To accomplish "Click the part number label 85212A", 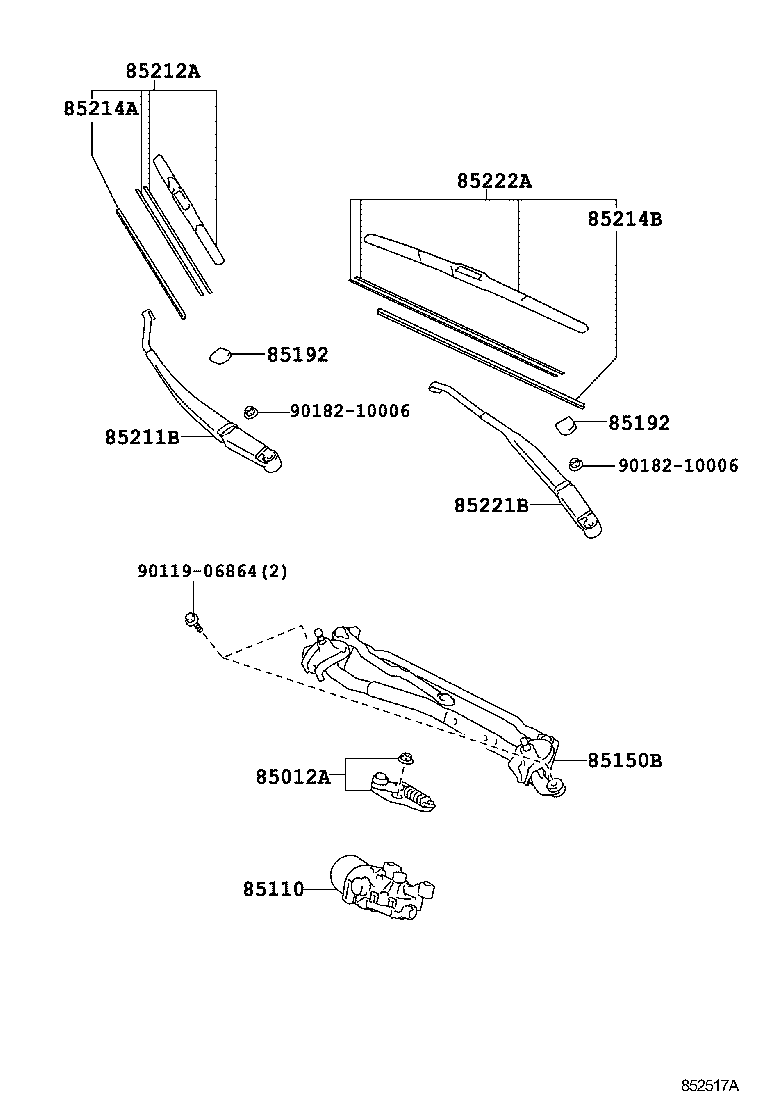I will tap(163, 71).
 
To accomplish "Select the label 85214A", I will tap(101, 108).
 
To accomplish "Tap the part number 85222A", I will tap(494, 181).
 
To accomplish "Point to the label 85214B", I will tap(624, 219).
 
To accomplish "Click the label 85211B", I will tap(142, 437).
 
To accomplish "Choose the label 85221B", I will tap(492, 506).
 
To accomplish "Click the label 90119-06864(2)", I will tap(212, 571).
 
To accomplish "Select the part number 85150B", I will tap(624, 760).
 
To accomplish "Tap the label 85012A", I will tap(292, 777).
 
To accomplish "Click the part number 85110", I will tap(272, 888).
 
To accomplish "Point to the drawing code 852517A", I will tap(710, 1085).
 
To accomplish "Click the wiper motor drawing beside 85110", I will tap(385, 886).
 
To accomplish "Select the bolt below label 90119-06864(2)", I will tap(192, 621).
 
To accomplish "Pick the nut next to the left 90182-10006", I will tap(252, 411).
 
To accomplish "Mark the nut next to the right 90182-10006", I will tap(576, 464).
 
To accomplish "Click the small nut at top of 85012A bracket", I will tap(406, 757).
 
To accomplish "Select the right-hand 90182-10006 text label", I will tap(678, 466).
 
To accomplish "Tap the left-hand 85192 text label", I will tap(297, 354).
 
